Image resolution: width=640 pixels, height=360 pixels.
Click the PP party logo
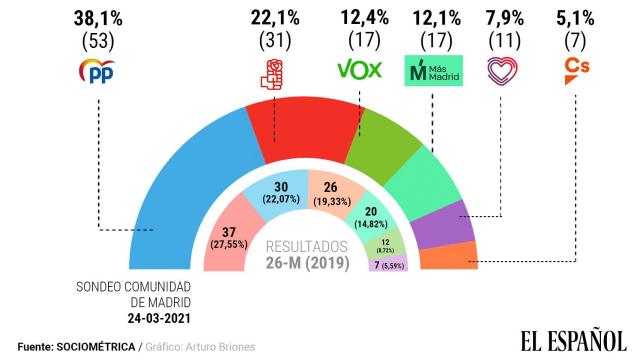[98, 72]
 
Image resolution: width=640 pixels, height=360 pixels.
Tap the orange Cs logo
[578, 71]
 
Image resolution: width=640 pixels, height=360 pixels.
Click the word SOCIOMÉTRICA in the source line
[98, 347]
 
